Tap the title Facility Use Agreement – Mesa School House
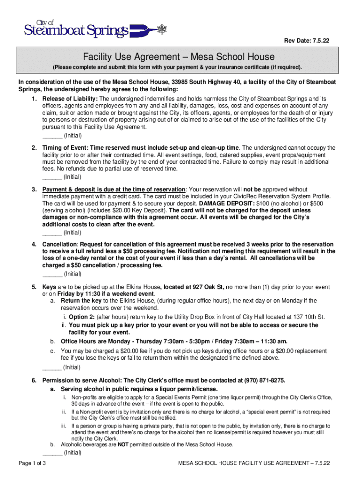[x=179, y=57]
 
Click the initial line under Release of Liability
[x=52, y=137]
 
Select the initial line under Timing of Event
[x=52, y=177]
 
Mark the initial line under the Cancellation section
[x=52, y=274]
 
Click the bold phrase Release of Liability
[x=70, y=99]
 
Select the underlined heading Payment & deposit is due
[x=114, y=189]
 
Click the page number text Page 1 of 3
[x=32, y=463]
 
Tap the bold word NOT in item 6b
[x=123, y=444]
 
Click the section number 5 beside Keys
[x=34, y=287]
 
